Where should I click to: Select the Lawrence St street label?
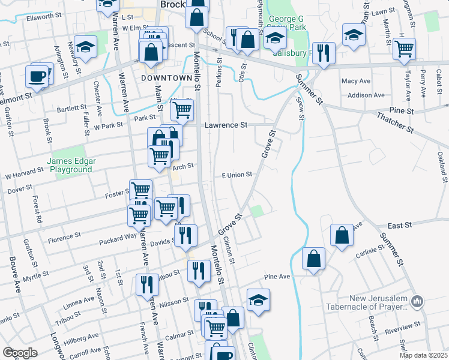point(226,125)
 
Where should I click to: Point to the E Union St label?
point(237,175)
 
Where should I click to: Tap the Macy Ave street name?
point(356,81)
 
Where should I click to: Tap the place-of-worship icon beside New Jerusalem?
point(418,300)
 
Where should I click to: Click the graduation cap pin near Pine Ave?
point(258,299)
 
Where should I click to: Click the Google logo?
point(20,353)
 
